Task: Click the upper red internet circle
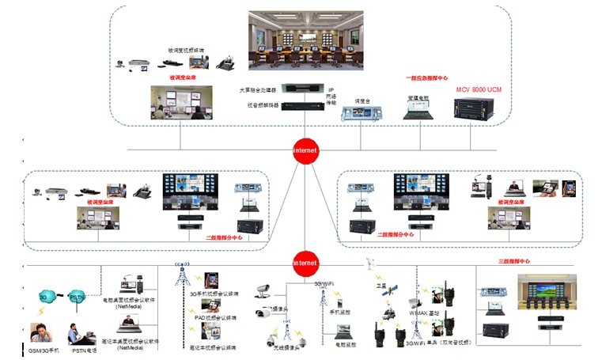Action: coord(305,150)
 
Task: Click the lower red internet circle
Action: coord(305,262)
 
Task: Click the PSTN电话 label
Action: coord(83,348)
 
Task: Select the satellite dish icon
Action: coord(369,264)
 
